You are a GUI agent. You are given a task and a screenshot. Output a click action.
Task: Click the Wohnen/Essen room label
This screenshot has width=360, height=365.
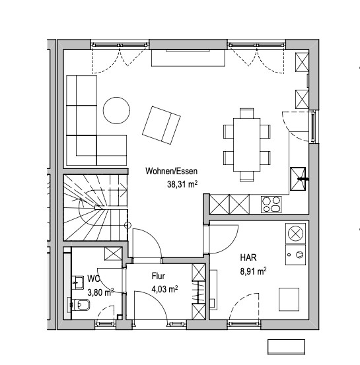[x=172, y=171]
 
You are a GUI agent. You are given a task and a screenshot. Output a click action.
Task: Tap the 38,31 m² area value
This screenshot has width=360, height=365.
[x=182, y=184]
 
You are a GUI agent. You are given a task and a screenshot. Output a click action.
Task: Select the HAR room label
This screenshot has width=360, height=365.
[x=248, y=257]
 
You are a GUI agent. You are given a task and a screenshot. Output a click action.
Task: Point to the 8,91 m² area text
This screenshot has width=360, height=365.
[x=253, y=271]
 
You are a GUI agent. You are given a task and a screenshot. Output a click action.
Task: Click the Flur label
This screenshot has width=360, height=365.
[x=159, y=276]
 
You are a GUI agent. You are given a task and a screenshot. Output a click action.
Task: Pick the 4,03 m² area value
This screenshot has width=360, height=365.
[x=164, y=289]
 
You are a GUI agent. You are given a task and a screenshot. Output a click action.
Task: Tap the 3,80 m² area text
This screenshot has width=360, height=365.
[x=100, y=292]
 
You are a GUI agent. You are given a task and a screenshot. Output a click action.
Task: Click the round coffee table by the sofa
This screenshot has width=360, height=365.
[x=116, y=111]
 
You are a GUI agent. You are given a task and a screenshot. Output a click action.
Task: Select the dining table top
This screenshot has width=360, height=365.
[x=247, y=145]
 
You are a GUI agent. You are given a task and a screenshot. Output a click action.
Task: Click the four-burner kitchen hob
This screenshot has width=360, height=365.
[x=271, y=204]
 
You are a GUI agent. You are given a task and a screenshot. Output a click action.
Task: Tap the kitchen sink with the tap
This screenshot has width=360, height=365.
[x=298, y=179]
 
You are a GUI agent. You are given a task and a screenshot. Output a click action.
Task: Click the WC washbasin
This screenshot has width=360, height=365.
[x=77, y=282]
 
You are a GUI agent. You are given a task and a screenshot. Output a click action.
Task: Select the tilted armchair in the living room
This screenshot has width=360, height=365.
[x=161, y=125]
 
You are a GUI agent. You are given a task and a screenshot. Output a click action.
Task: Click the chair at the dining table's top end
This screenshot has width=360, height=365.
[x=247, y=113]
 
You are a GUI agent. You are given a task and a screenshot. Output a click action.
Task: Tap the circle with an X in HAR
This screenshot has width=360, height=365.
[x=295, y=234]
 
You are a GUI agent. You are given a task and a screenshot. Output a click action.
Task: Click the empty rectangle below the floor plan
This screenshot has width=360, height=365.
[x=287, y=347]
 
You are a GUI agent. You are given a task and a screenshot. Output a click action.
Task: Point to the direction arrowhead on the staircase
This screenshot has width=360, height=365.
[x=124, y=190]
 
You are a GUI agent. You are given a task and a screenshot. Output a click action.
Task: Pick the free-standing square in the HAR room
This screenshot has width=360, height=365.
[x=289, y=300]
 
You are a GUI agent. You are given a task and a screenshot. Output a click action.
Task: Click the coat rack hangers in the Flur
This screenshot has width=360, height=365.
[x=199, y=292]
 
